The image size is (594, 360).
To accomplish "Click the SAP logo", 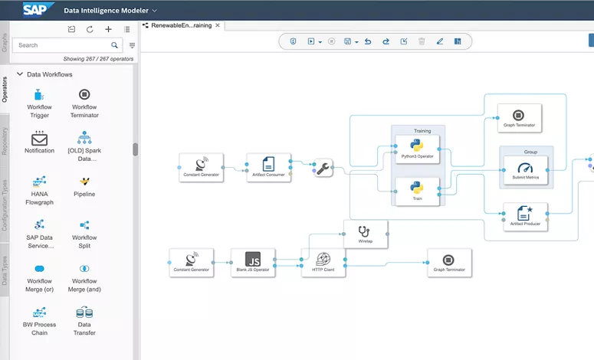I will point(35,10).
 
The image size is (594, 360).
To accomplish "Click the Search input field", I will point(61,45).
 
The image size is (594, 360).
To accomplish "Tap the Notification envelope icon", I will point(39,139).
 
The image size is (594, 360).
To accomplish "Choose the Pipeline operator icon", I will point(84,182).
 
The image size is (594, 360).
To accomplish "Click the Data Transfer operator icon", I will point(84,313).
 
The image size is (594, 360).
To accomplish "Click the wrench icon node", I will point(323,169).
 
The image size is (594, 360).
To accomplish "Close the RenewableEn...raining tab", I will point(218,25).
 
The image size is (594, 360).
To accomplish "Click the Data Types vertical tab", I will point(5,270).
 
